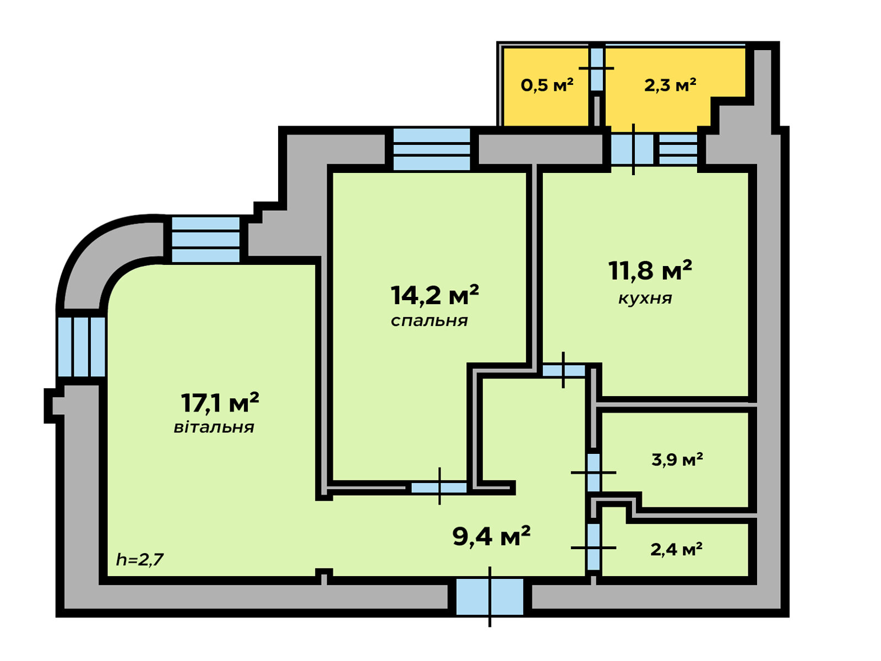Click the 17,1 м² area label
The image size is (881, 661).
click(x=220, y=403)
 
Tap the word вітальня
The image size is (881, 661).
click(x=214, y=427)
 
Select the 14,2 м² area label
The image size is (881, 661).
click(x=434, y=295)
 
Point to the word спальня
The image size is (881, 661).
click(x=429, y=321)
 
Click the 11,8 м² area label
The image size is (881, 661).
click(x=650, y=270)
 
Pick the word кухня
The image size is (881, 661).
click(x=645, y=299)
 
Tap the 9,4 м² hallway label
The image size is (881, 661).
click(x=492, y=536)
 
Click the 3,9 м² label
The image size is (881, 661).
click(x=677, y=459)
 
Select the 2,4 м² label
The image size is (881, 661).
click(x=676, y=549)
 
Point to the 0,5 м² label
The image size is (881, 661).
click(x=547, y=85)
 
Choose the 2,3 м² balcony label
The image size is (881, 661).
click(x=670, y=85)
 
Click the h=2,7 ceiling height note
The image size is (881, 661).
click(x=140, y=559)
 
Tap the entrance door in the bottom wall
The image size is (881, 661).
click(x=490, y=597)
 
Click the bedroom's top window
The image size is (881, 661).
click(x=432, y=149)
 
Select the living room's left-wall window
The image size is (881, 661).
click(x=81, y=347)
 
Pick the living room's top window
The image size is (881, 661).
click(x=206, y=240)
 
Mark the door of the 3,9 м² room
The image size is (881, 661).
click(x=594, y=473)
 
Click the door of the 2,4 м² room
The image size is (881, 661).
click(x=594, y=546)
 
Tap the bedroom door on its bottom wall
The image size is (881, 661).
click(x=439, y=487)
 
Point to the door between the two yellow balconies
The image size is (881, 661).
click(x=597, y=69)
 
